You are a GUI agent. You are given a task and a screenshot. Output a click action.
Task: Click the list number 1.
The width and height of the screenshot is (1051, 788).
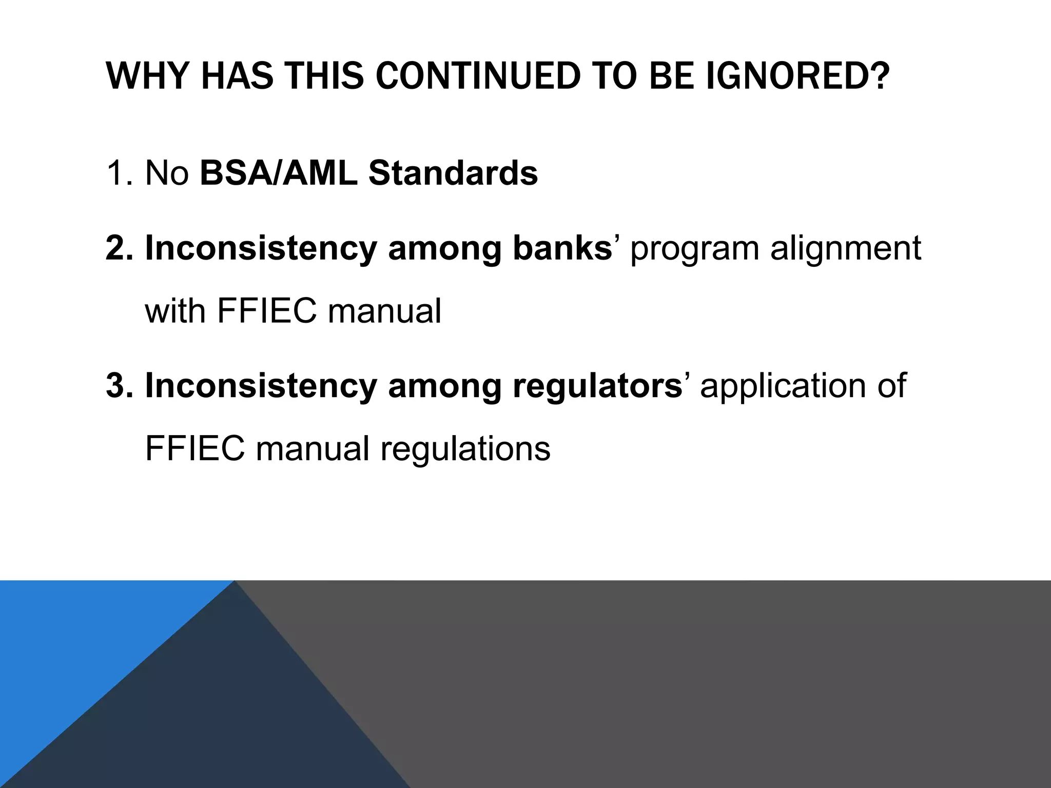(120, 173)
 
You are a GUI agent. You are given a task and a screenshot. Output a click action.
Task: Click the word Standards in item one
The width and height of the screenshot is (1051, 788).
(453, 173)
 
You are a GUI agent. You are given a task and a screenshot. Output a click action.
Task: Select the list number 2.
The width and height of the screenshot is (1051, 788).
(120, 248)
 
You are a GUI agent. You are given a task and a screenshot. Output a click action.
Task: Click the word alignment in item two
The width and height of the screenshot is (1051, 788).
(845, 248)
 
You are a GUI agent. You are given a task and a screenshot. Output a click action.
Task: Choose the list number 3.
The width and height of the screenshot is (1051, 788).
(120, 386)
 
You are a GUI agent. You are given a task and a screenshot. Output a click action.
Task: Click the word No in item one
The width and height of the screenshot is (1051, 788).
(167, 173)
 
